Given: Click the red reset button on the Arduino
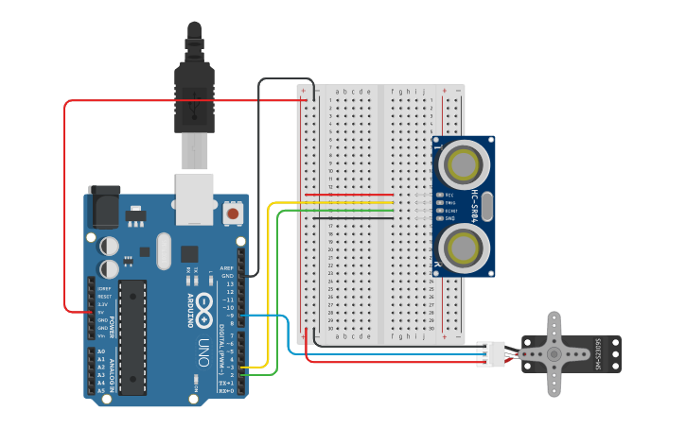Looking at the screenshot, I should (x=231, y=214).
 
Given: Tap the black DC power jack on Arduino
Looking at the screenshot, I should (x=104, y=206).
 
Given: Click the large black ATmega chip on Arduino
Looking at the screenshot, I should (x=132, y=336).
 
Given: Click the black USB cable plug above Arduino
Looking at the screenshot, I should (x=194, y=90).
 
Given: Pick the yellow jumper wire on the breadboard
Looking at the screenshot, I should (x=350, y=202).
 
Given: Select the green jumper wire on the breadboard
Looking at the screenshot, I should (x=350, y=210).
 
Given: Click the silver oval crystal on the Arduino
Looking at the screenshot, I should (x=165, y=250).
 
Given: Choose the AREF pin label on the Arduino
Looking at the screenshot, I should (x=226, y=268).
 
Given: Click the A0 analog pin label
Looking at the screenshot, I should (x=101, y=351).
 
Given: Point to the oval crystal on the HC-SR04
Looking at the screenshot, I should (x=486, y=206).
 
